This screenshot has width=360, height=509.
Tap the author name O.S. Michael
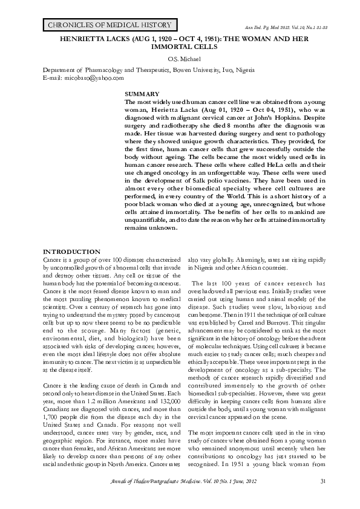tap(180, 58)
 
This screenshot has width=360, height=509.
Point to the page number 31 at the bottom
tap(322, 481)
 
